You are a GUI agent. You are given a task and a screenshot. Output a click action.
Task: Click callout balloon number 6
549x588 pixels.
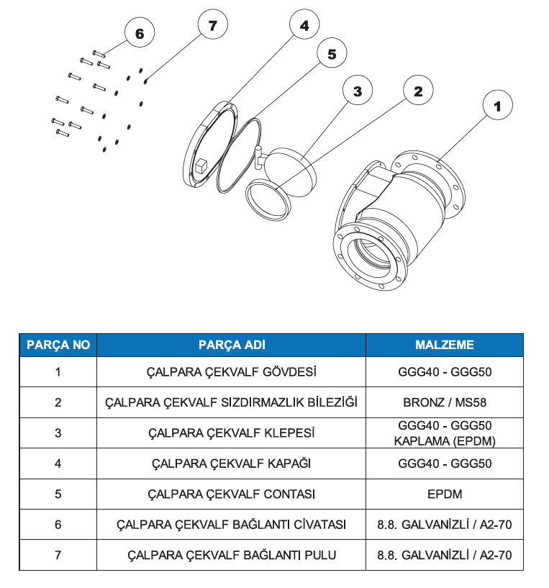[x=140, y=32]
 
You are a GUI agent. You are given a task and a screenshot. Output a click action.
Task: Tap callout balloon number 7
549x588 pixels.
[x=213, y=24]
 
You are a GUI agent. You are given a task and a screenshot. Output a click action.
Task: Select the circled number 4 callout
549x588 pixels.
[x=304, y=24]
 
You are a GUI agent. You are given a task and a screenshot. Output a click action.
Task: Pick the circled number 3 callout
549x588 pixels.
[x=358, y=91]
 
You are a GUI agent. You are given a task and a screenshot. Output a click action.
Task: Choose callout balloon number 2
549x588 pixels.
[x=418, y=91]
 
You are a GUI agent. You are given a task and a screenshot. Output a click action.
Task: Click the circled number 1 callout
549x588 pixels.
[x=498, y=105]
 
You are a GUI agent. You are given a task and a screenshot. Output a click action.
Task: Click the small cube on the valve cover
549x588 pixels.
[x=201, y=166]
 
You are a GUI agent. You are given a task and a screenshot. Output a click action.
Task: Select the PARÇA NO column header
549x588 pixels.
[x=58, y=345]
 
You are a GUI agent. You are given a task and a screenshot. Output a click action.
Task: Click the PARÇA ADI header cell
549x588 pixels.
[x=232, y=345]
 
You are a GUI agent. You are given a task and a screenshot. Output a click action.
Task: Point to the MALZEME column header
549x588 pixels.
[x=445, y=345]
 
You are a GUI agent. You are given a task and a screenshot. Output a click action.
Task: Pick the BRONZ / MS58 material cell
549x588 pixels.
[x=445, y=402]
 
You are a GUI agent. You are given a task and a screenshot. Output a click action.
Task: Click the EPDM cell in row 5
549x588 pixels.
[x=445, y=494]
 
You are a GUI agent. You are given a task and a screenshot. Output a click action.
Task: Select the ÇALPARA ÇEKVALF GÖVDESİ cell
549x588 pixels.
[x=232, y=372]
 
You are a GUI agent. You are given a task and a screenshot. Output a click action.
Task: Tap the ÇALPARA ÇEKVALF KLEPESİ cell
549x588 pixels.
[x=232, y=433]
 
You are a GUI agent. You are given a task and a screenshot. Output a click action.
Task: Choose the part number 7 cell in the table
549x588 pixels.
[x=58, y=555]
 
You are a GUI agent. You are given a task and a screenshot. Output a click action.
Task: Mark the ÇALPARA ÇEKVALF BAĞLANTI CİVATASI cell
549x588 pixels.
[x=232, y=525]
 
